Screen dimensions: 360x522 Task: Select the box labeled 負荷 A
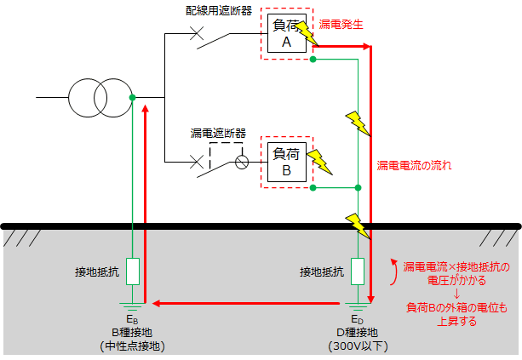[x=286, y=36]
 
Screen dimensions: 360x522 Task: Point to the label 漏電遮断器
[x=218, y=134]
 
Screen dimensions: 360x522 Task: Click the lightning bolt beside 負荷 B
[x=319, y=160]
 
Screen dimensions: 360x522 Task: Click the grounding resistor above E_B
[x=133, y=272]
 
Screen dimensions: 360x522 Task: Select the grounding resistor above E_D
[x=359, y=272]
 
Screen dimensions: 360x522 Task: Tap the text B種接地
[x=132, y=333]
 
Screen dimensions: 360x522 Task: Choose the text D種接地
[x=359, y=333]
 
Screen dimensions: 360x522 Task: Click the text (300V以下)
[x=359, y=346]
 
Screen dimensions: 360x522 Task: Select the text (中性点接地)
[x=132, y=346]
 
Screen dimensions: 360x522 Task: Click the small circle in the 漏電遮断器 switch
[x=242, y=161]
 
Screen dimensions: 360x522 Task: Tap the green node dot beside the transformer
[x=133, y=98]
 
